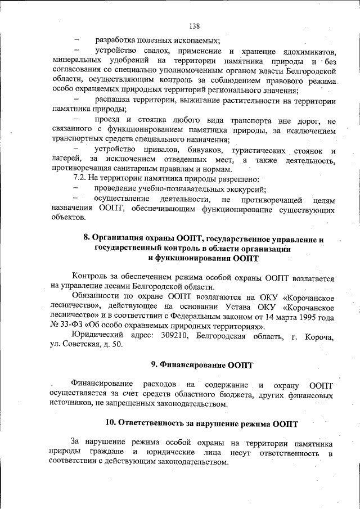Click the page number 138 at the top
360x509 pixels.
[195, 26]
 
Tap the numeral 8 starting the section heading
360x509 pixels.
[86, 238]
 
